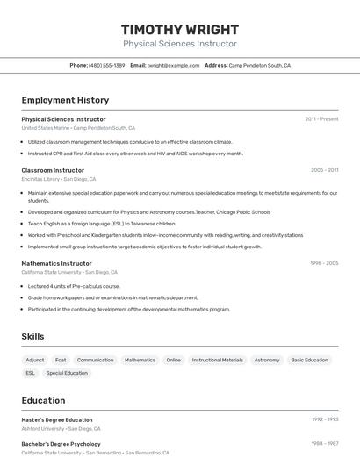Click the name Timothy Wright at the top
(x=179, y=29)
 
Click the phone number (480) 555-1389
(x=107, y=66)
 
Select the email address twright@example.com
(x=173, y=66)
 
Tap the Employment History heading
(x=65, y=100)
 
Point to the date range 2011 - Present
(x=321, y=119)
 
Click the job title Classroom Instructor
(x=53, y=170)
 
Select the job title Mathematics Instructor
(x=56, y=263)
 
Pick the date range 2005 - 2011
(x=324, y=170)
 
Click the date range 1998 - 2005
(x=324, y=263)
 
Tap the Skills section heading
(x=32, y=336)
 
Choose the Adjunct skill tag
(x=35, y=360)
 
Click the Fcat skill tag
(x=61, y=360)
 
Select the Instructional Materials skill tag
(x=217, y=360)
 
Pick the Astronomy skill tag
(x=267, y=360)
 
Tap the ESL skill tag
(x=31, y=373)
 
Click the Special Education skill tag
(x=67, y=373)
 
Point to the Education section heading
(x=43, y=400)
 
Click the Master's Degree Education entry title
(x=56, y=420)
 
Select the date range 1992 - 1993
(x=324, y=420)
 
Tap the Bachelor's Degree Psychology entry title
(x=61, y=444)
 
